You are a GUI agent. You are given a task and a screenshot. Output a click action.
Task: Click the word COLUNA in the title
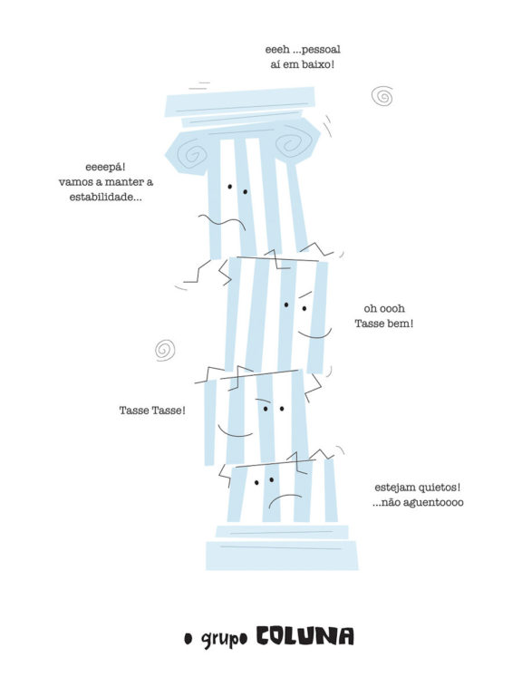point(304,636)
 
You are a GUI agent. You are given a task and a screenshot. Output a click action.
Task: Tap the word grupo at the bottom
point(224,639)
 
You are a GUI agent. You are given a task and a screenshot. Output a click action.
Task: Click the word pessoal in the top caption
point(321,49)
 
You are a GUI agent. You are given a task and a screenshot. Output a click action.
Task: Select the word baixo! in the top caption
point(317,64)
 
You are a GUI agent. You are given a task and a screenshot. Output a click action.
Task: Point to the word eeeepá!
point(105,168)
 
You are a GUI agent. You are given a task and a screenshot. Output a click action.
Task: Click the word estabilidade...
point(106,197)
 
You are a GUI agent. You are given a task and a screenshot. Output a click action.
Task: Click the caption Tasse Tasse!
point(152,411)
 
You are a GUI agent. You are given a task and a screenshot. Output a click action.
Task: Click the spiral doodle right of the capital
point(382,96)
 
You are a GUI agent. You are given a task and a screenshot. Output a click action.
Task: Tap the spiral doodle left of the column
point(165,350)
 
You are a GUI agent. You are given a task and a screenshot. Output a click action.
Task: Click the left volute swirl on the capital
point(194,152)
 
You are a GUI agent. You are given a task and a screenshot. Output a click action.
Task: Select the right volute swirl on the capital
point(292,142)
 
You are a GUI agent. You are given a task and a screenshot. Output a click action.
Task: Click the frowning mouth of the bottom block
point(285,500)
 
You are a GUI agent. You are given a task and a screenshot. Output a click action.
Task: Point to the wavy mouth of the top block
point(222,221)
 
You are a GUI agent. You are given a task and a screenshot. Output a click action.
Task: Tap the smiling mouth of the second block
point(314,333)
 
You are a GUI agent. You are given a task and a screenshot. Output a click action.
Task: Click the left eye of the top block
point(230,187)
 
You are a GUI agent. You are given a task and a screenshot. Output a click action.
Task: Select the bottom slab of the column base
point(282,556)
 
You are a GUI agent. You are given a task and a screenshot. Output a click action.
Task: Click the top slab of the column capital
point(240,101)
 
